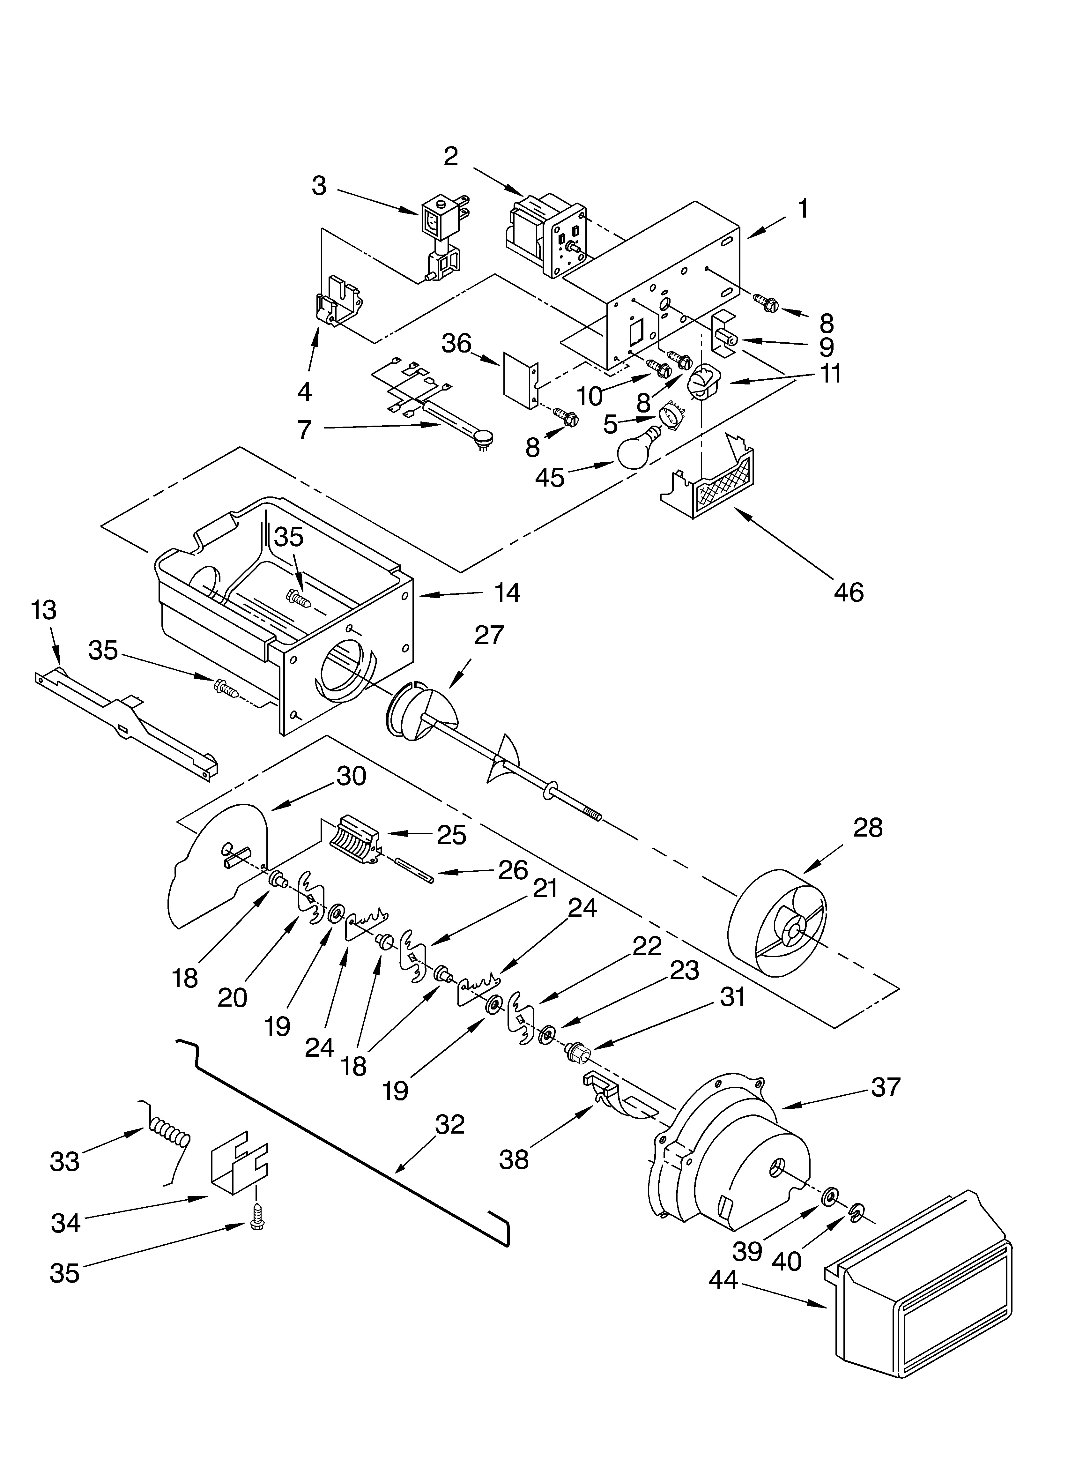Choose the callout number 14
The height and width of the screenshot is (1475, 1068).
[x=507, y=592]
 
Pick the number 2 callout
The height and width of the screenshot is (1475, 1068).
[x=451, y=156]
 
